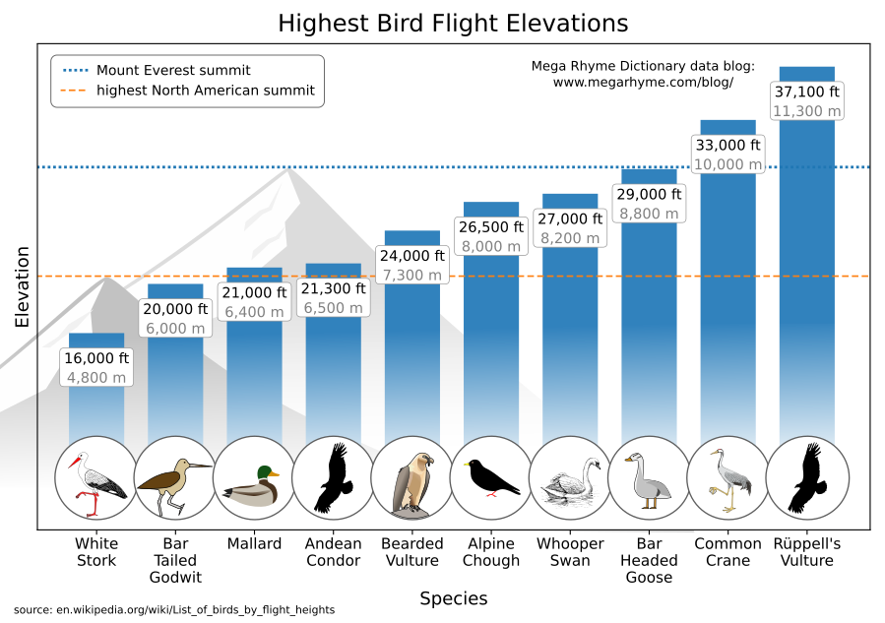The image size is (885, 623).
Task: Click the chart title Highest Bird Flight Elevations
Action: coord(452,23)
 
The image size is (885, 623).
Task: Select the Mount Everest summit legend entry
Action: coord(173,70)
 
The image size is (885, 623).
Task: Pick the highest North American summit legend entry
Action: coord(205,91)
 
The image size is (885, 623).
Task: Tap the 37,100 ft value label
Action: coord(806,93)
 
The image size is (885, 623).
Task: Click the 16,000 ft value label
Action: coord(96,358)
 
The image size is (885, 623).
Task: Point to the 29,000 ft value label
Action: coord(649,194)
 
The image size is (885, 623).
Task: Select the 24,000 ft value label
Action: coord(412,256)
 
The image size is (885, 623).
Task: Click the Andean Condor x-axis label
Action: coord(333,552)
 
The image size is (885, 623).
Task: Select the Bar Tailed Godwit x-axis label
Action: coord(175,560)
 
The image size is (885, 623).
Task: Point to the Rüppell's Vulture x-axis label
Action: coord(806,552)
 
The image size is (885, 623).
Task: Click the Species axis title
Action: coord(453,598)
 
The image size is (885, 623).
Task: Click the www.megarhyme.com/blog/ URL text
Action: coord(643,83)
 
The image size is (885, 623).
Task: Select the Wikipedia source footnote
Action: coord(174,610)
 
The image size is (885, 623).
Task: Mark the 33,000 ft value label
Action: coord(727,145)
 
